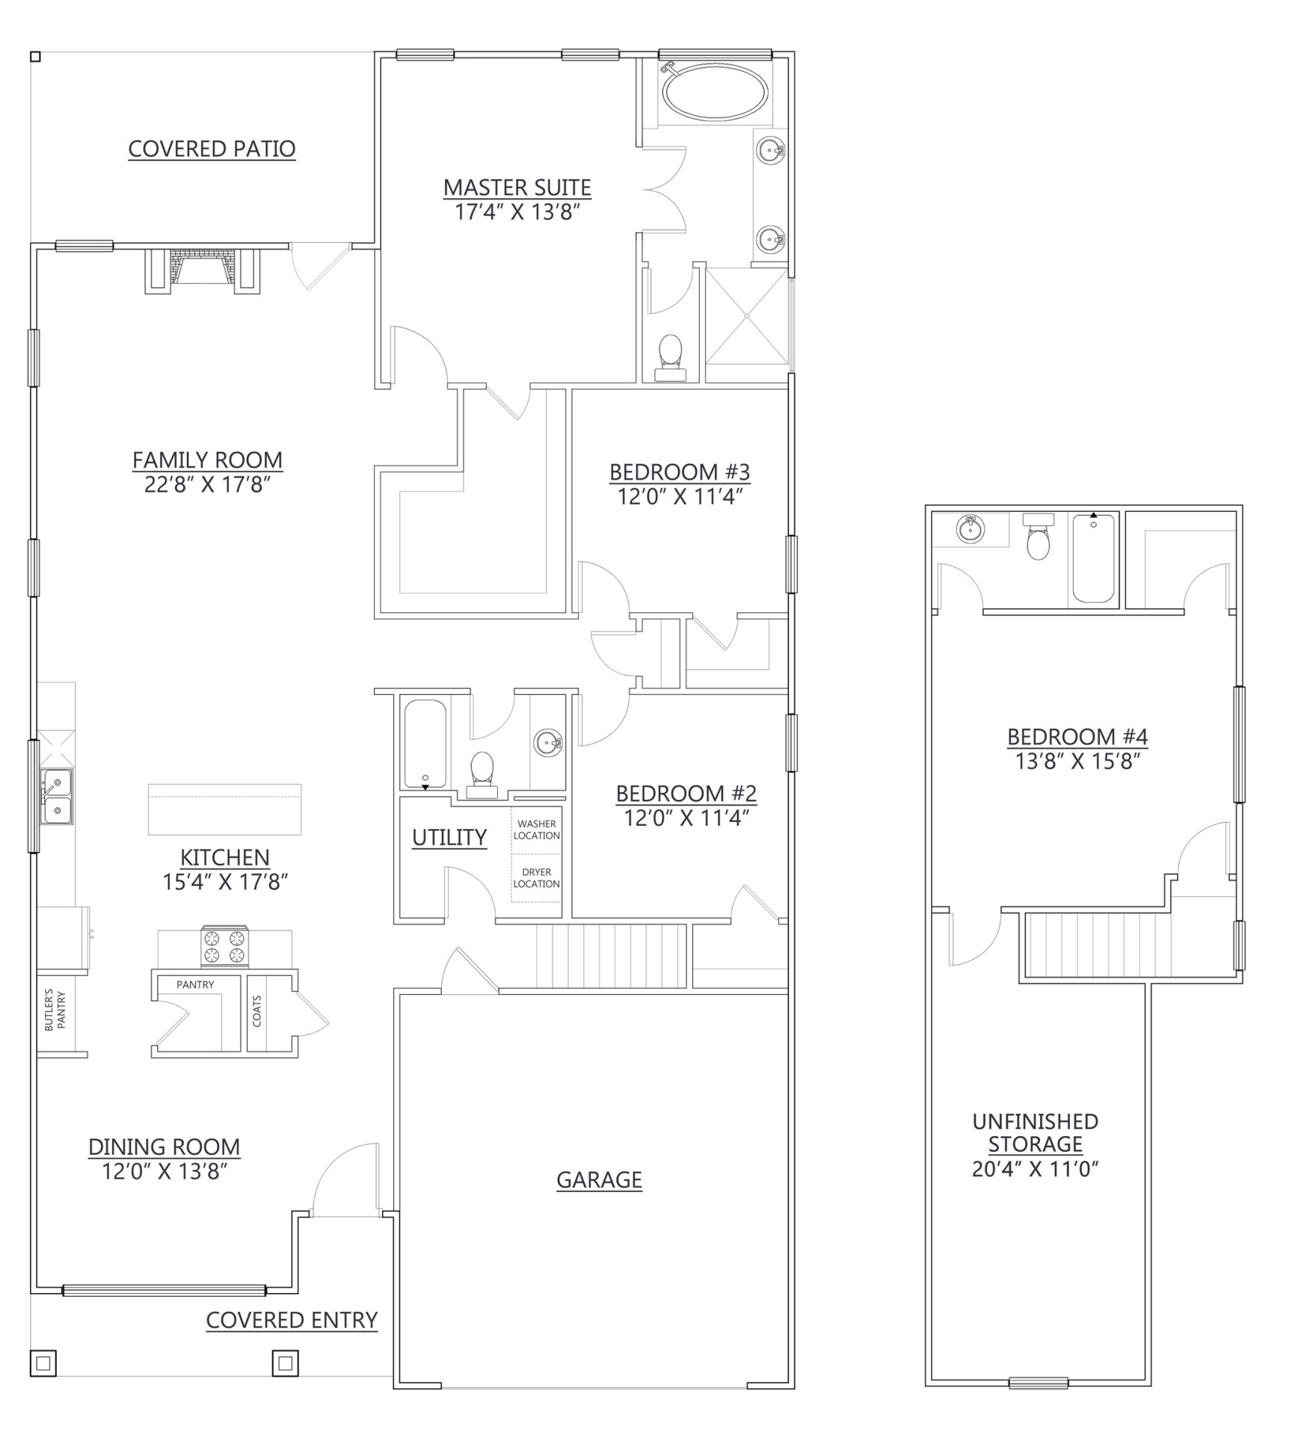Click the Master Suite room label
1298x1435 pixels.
point(517,187)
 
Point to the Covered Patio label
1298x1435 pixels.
point(212,149)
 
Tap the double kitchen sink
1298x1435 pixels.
point(57,796)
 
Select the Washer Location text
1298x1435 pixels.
point(536,830)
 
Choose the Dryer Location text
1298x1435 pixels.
point(536,877)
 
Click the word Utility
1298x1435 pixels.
point(449,837)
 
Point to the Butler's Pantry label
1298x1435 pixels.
point(55,1010)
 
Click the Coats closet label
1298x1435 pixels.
point(257,1010)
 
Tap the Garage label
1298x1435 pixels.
point(599,1179)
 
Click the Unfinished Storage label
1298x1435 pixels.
point(1035,1132)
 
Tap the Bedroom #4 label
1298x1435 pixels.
point(1077,736)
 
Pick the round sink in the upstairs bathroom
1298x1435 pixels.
point(971,530)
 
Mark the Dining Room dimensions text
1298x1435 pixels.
point(164,1171)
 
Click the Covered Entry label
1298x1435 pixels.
point(292,1321)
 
